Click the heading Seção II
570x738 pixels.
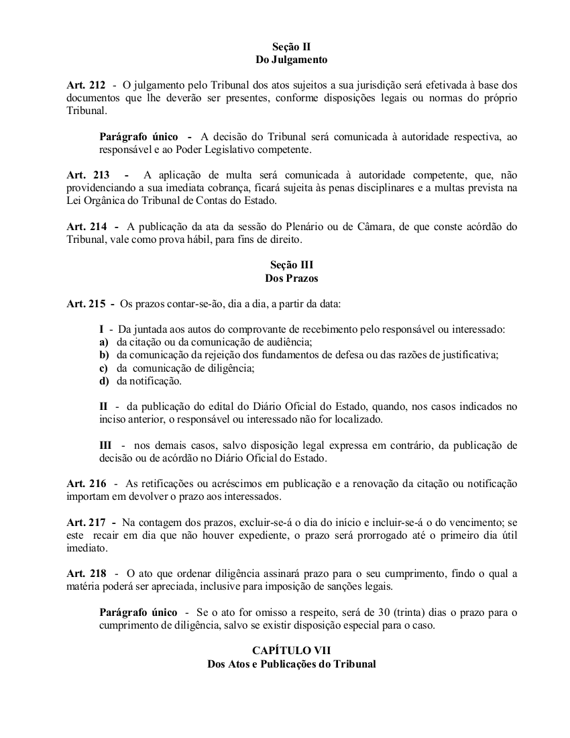click(291, 47)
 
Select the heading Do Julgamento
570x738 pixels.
click(291, 60)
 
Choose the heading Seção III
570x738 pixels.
click(291, 265)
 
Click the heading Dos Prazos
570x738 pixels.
click(291, 278)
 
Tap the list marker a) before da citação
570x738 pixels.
click(104, 342)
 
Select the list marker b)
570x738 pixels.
click(104, 355)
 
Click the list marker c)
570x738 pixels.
click(104, 368)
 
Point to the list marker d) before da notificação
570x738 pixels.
click(104, 381)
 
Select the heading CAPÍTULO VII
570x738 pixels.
click(291, 651)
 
